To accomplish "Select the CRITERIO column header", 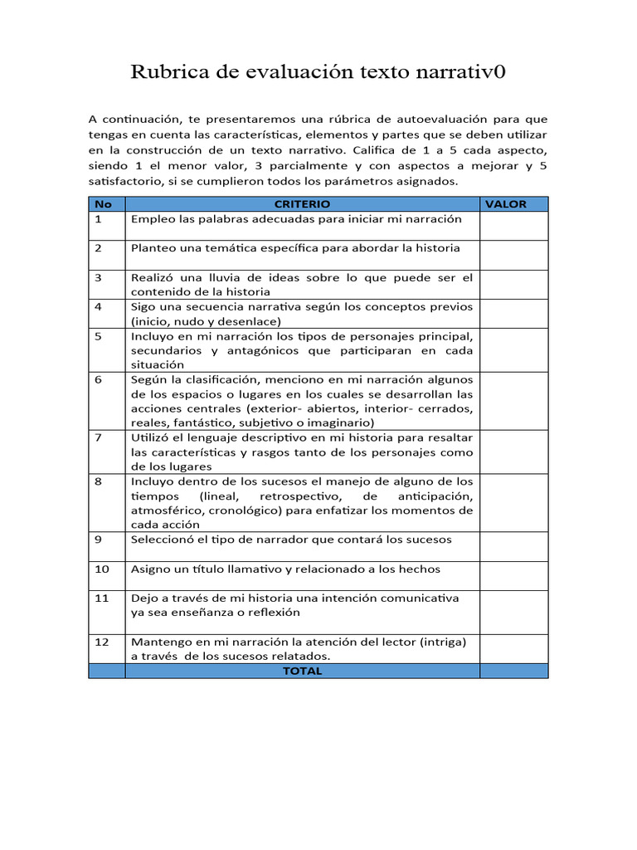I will coord(302,203).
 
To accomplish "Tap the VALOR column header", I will coord(506,203).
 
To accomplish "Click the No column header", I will coord(103,203).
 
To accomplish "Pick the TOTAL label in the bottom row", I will coord(302,671).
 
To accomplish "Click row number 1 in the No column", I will coord(98,219).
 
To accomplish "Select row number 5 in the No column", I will coord(98,336).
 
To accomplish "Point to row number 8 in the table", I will coord(98,481).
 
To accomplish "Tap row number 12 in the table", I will coord(101,642).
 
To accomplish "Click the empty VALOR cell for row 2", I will coord(513,255).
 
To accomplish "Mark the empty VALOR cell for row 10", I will coord(513,575).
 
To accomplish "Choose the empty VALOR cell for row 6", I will coord(513,401).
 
